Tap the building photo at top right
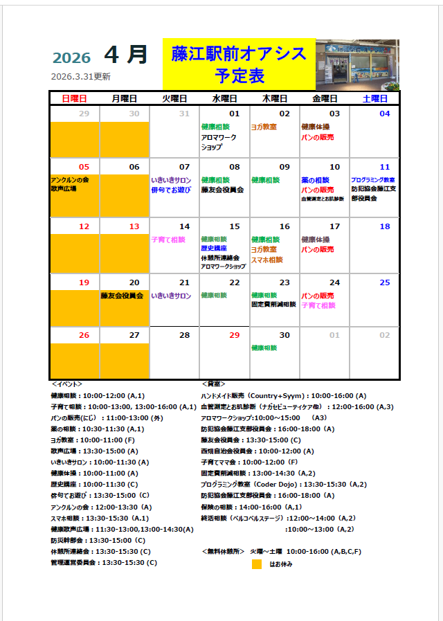tap(357, 64)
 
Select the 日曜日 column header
tap(75, 99)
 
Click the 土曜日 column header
tap(374, 99)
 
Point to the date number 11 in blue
tap(385, 167)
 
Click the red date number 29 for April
tap(234, 335)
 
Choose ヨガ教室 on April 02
tap(264, 127)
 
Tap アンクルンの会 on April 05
tap(70, 179)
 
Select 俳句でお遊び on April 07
tap(171, 189)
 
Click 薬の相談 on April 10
tap(317, 180)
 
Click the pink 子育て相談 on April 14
tap(168, 240)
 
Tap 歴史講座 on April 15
tap(214, 248)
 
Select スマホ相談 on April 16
tap(266, 260)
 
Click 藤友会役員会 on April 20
tap(122, 296)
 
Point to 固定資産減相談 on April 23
tap(273, 304)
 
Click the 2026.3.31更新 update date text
tap(81, 77)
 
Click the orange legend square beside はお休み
tap(256, 564)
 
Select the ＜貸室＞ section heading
tap(213, 384)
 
